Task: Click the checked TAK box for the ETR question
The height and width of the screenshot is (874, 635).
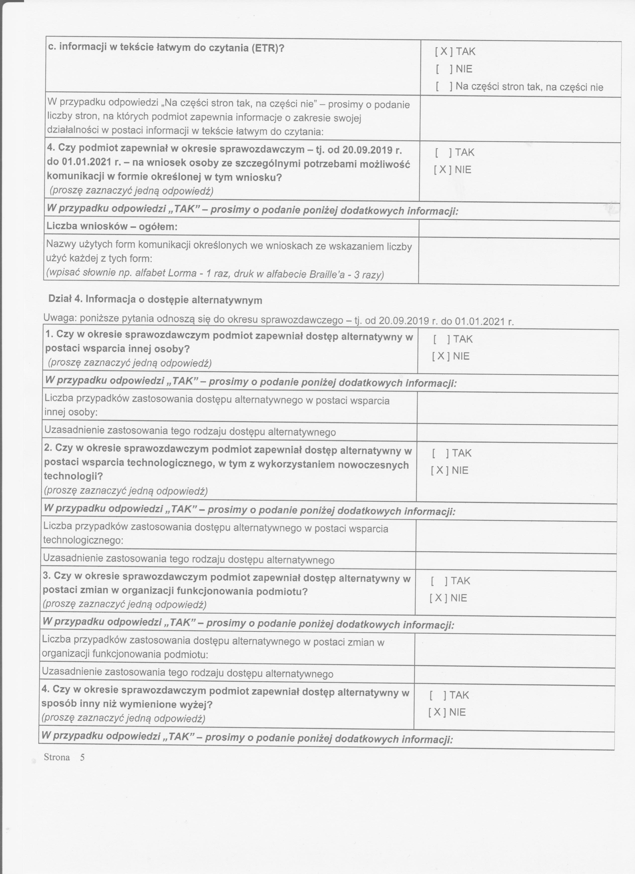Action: (444, 51)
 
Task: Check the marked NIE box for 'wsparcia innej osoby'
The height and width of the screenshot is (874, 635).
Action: (441, 356)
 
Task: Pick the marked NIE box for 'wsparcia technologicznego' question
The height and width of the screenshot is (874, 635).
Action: (439, 470)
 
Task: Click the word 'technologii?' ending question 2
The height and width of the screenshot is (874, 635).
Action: (73, 476)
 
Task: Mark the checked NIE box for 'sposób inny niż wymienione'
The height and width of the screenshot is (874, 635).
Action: (437, 712)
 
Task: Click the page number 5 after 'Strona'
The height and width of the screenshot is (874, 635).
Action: (82, 757)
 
